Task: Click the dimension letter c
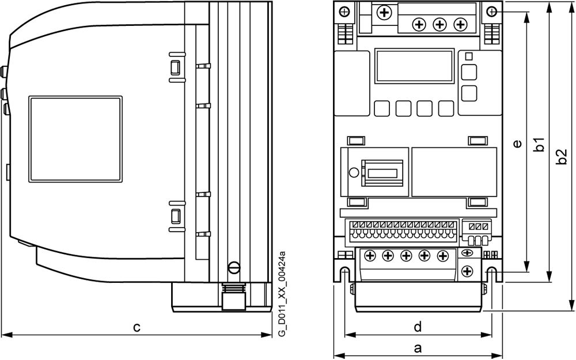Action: tap(137, 327)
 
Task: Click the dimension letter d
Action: tap(418, 327)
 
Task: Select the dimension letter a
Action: tap(418, 347)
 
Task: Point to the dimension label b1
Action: tap(539, 144)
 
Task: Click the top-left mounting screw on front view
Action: tap(344, 12)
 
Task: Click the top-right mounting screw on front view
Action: tap(491, 12)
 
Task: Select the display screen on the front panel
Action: tap(413, 65)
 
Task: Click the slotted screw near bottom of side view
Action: tap(234, 267)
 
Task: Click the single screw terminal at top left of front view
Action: tap(383, 12)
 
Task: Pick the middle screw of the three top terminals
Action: tap(439, 24)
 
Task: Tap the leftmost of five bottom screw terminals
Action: tap(370, 255)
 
